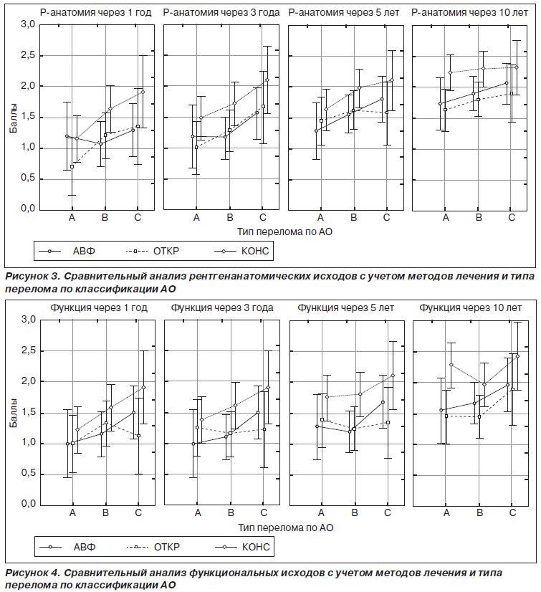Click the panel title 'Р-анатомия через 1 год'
(95, 13)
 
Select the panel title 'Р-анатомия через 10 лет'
(469, 13)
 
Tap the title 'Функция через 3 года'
(222, 308)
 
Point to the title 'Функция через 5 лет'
(345, 308)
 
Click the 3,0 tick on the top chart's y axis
(27, 24)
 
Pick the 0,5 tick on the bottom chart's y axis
(27, 474)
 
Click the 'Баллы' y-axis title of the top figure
(13, 117)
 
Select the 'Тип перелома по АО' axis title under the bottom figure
(285, 527)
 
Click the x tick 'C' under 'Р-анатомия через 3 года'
(263, 217)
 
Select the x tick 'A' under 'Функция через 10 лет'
(446, 513)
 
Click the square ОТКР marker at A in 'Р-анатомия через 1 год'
(72, 166)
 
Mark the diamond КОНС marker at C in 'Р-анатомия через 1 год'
(143, 92)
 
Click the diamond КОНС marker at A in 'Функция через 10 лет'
(451, 365)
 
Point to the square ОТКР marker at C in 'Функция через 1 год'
(138, 436)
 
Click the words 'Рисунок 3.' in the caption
(33, 277)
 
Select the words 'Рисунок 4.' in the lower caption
(33, 573)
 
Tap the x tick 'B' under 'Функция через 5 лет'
(355, 513)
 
